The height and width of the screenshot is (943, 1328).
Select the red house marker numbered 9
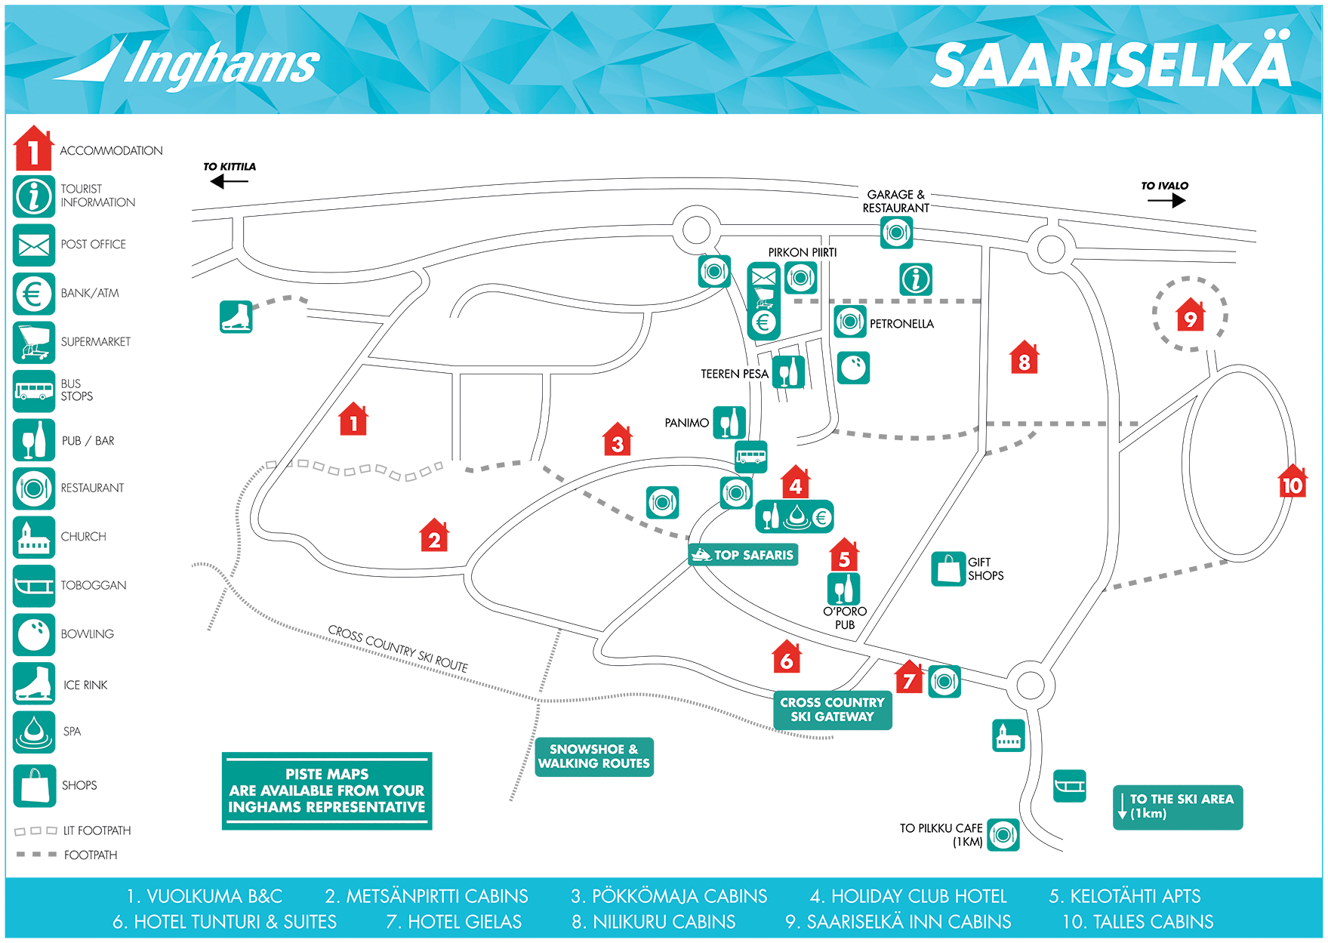tap(1190, 316)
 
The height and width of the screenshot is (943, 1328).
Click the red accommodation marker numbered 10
tap(1292, 482)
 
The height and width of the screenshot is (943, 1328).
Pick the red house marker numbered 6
tap(787, 658)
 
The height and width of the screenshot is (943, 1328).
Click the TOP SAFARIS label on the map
tap(744, 555)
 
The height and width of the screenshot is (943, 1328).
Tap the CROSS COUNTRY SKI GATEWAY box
tap(832, 710)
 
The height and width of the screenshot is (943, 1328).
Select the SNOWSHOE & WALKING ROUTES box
tap(593, 757)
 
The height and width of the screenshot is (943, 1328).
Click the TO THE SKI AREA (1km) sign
tap(1177, 806)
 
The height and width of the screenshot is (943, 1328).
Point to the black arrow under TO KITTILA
tap(228, 181)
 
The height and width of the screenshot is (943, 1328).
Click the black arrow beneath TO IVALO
tap(1166, 200)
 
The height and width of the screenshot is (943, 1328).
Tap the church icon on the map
tap(1008, 735)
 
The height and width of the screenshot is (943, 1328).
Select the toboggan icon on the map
tap(1069, 786)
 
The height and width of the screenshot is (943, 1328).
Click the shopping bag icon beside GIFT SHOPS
tap(948, 569)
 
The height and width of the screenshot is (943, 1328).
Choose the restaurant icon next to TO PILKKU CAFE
tap(1003, 834)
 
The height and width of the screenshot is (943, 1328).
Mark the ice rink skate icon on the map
tap(236, 316)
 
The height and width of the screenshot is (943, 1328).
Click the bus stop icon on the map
tap(750, 457)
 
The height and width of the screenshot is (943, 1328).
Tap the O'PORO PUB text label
tap(845, 618)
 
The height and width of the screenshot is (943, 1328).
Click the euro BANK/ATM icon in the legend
tap(34, 293)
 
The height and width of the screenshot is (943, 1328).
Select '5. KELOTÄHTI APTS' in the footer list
tap(1124, 896)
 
